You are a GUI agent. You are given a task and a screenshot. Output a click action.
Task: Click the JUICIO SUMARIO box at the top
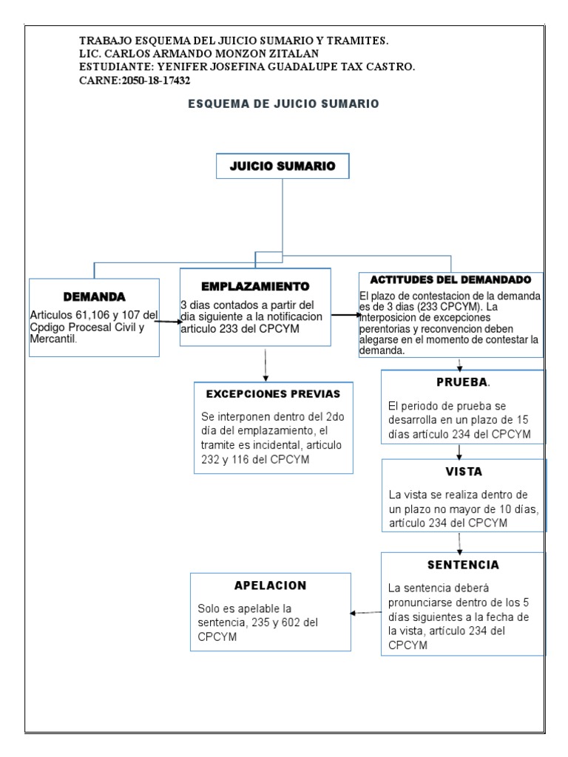[282, 167]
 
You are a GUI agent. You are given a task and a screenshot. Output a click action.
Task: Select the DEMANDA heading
[94, 297]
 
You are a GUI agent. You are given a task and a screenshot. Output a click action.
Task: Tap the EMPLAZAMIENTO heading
[255, 285]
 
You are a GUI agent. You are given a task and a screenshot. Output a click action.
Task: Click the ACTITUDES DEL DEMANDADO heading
[450, 280]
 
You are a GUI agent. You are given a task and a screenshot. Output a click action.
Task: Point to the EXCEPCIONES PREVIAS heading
[272, 393]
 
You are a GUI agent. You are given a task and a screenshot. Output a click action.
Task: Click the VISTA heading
[464, 471]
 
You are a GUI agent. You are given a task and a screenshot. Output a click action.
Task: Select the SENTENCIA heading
[463, 565]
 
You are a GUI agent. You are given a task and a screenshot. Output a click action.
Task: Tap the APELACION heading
[270, 585]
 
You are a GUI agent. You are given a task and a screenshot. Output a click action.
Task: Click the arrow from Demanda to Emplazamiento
[169, 321]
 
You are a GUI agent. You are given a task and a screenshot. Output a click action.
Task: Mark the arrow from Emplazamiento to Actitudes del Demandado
[344, 316]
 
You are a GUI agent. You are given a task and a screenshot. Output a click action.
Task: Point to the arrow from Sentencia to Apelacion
[365, 613]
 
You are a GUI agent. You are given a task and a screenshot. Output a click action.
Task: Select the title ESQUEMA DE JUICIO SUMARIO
[283, 104]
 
